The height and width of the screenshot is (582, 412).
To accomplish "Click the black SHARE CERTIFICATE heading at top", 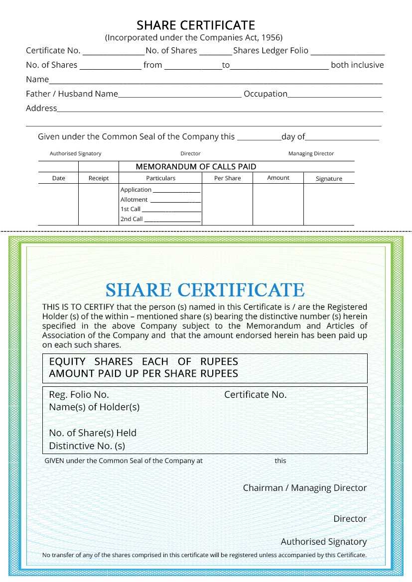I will pyautogui.click(x=196, y=25).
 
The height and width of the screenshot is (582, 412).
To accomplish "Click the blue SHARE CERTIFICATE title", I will pyautogui.click(x=205, y=290).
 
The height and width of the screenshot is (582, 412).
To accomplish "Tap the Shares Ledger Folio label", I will pyautogui.click(x=271, y=50).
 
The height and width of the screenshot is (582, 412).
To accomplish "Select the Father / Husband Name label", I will pyautogui.click(x=72, y=94).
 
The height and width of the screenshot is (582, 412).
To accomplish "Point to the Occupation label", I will pyautogui.click(x=265, y=94).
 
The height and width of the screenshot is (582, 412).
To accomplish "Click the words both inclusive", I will pyautogui.click(x=357, y=65).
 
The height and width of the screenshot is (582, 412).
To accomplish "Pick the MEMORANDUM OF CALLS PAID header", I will pyautogui.click(x=196, y=167).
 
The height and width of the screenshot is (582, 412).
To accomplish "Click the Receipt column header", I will pyautogui.click(x=98, y=178).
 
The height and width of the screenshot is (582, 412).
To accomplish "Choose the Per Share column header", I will pyautogui.click(x=227, y=178).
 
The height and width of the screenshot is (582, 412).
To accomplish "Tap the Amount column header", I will pyautogui.click(x=278, y=178).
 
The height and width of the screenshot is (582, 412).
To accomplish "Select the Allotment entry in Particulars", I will pyautogui.click(x=134, y=200).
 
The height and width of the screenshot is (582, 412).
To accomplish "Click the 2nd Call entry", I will pyautogui.click(x=132, y=219).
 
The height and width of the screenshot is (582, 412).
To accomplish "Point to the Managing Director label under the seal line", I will pyautogui.click(x=311, y=154).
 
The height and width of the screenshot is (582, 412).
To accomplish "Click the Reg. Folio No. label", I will pyautogui.click(x=79, y=395).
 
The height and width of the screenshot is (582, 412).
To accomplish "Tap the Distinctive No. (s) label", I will pyautogui.click(x=87, y=446).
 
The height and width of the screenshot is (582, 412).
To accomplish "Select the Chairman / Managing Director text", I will pyautogui.click(x=304, y=488).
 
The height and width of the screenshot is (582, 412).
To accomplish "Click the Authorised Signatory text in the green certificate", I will pyautogui.click(x=323, y=542).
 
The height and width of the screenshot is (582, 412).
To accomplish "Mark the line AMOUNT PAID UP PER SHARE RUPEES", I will pyautogui.click(x=143, y=373).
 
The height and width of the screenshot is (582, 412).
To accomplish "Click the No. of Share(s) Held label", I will pyautogui.click(x=92, y=433).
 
